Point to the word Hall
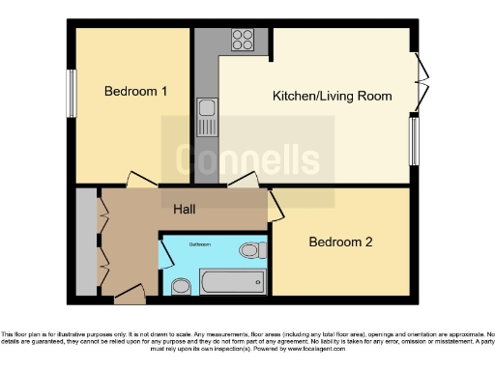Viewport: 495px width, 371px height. [187, 209]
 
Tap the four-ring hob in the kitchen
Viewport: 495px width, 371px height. [243, 41]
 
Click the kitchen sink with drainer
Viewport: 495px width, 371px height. [207, 119]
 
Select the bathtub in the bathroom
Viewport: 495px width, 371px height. [231, 283]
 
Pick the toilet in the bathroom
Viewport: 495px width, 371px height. [253, 251]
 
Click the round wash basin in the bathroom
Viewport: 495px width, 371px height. [180, 286]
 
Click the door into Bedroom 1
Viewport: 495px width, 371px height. [140, 181]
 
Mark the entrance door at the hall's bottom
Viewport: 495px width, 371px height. [129, 292]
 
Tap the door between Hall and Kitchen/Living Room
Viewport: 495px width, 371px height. [242, 181]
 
